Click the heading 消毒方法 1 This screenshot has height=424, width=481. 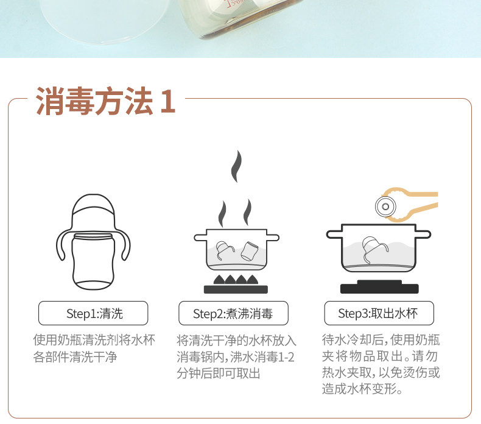105,101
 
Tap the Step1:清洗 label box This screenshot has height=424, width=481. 93,313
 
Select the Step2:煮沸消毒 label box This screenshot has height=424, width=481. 233,313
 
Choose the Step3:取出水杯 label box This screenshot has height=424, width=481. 379,313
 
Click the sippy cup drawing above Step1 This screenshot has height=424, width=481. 93,242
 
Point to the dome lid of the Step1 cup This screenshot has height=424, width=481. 93,212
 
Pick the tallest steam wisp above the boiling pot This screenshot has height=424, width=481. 236,166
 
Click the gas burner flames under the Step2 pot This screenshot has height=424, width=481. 236,280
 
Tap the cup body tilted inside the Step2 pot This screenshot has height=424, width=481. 249,251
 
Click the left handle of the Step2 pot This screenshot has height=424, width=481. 200,238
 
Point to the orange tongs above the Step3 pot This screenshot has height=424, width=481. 410,204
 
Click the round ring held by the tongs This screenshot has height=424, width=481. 385,207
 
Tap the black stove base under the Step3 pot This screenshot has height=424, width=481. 379,287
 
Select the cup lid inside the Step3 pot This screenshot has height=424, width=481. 373,249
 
